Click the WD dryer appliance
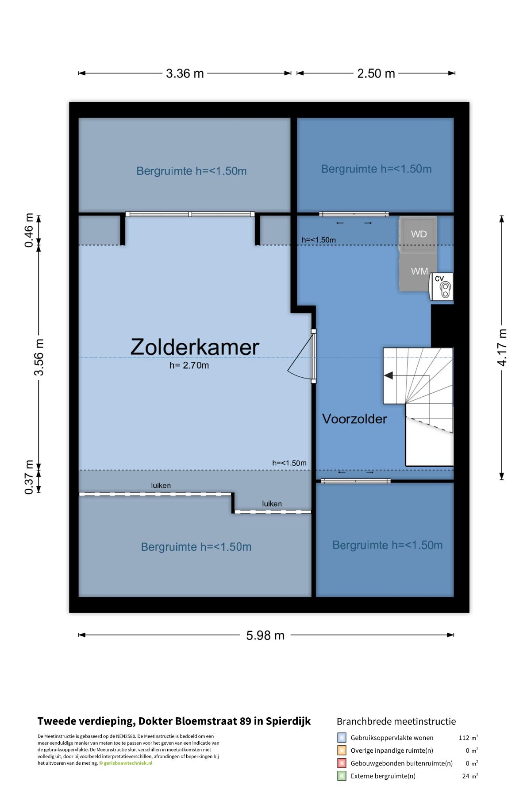coord(418,234)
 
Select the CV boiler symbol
coord(442,286)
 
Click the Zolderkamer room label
coord(195,347)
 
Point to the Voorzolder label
coord(354,419)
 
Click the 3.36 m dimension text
coord(185,74)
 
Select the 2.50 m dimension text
coord(376,74)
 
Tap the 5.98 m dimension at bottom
coord(265,635)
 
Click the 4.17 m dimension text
coord(502,348)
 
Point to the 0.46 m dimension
coord(29,230)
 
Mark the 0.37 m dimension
coord(29,477)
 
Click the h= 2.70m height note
coord(189,365)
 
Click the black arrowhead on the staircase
coord(389,375)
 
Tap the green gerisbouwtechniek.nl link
coord(128,763)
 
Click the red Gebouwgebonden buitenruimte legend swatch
coord(342,763)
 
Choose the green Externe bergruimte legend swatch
coord(342,776)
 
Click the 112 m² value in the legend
coord(468,738)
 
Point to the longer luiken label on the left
coord(161,485)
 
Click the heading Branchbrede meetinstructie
coord(396,721)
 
